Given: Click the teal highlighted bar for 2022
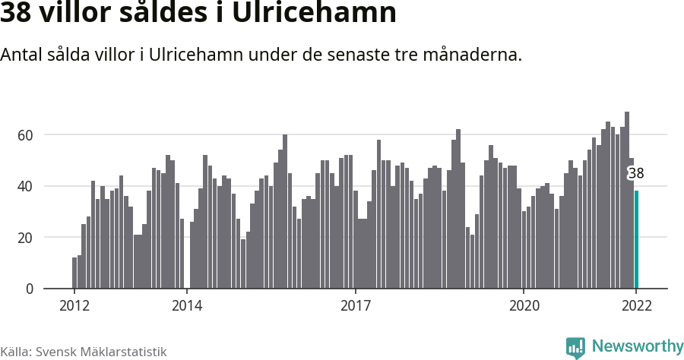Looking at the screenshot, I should point(636,239).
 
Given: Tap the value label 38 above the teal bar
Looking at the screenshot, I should point(636,173).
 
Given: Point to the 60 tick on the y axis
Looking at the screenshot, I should point(26,135).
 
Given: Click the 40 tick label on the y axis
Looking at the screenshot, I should point(26,186).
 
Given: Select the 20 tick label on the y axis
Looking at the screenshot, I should point(26,238).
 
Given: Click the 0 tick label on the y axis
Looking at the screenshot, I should point(30,289).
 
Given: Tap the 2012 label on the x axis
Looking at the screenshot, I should point(74,306).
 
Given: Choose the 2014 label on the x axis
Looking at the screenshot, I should point(187,306).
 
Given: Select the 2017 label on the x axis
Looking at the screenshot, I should point(355,306).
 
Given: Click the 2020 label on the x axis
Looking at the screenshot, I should point(524,306).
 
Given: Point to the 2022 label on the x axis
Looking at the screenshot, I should point(636,306).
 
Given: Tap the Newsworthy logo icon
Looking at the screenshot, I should point(575,347).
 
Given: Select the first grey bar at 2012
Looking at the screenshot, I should point(74,273).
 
